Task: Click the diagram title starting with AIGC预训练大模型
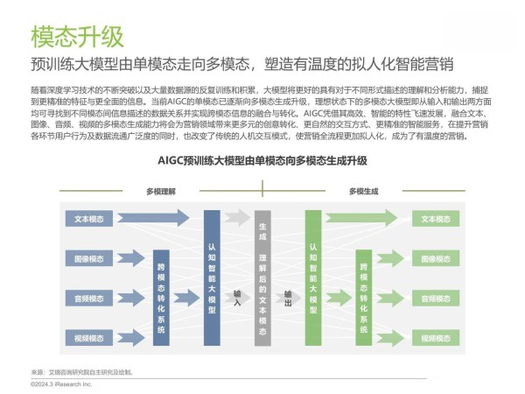click(x=262, y=161)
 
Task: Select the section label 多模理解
click(x=161, y=191)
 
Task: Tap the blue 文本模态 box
click(x=89, y=219)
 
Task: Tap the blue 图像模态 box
click(x=89, y=259)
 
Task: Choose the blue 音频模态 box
click(x=89, y=299)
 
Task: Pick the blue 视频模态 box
click(x=89, y=338)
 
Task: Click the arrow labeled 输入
click(x=237, y=298)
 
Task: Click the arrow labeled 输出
click(x=288, y=298)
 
